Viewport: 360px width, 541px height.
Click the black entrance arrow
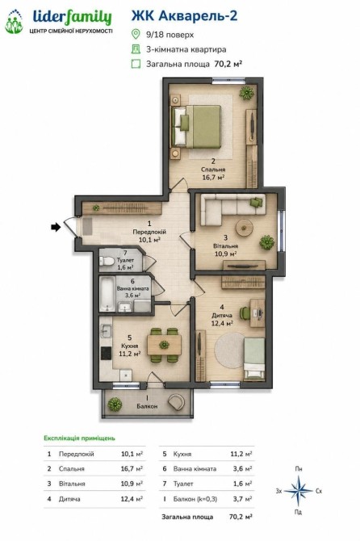[56, 227]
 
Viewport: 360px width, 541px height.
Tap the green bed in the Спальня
[197, 127]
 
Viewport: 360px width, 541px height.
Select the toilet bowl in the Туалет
[107, 262]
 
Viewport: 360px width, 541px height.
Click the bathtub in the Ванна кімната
[107, 294]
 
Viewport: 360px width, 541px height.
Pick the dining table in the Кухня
[164, 345]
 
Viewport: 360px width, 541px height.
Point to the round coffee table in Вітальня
[245, 228]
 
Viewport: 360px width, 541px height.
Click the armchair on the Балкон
[177, 402]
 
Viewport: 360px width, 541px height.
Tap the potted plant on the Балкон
[115, 404]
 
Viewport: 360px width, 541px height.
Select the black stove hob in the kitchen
[106, 353]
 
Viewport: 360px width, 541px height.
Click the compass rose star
[299, 490]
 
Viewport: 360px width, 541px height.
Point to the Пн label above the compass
[299, 468]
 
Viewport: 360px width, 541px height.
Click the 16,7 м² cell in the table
[132, 468]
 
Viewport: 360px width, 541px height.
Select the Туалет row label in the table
[183, 484]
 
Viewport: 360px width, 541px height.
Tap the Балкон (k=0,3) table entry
[195, 499]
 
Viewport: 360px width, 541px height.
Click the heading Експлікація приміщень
[79, 438]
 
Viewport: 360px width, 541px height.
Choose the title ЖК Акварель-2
[185, 16]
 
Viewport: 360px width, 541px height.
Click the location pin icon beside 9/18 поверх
[136, 34]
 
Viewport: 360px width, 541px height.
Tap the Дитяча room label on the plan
[222, 316]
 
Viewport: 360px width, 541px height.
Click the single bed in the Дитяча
[254, 359]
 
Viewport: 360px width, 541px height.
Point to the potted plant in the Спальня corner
[247, 93]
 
